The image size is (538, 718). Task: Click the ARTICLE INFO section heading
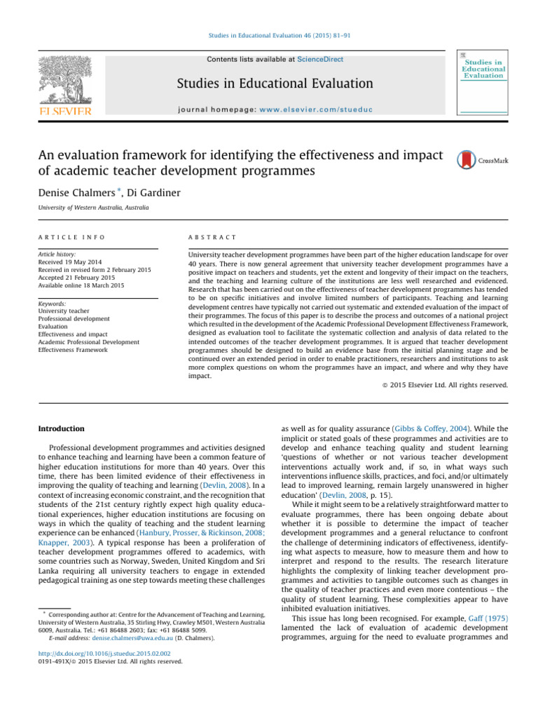[x=65, y=238]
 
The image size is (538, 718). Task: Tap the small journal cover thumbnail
[x=482, y=83]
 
